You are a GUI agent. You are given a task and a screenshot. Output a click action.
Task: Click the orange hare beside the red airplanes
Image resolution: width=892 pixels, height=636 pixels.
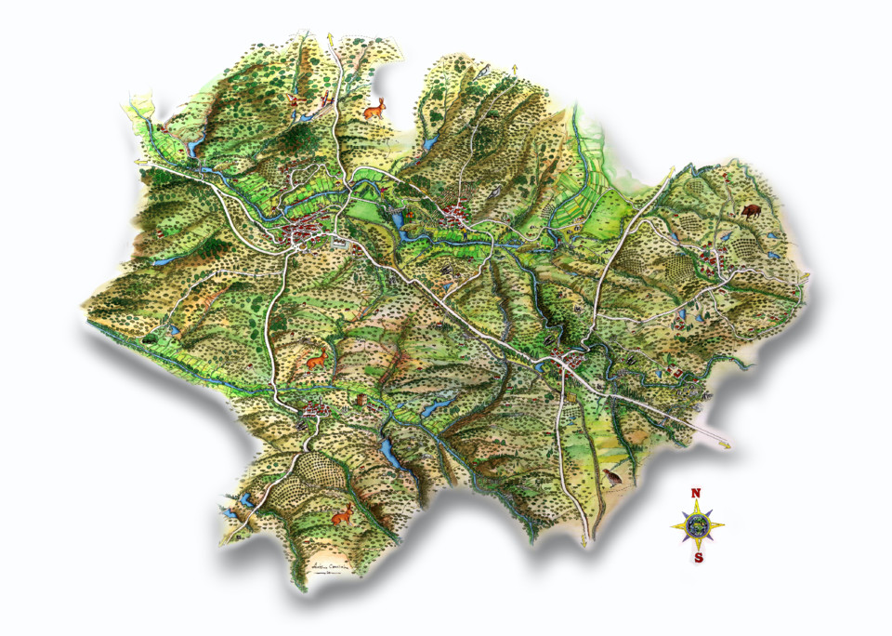pos(374,109)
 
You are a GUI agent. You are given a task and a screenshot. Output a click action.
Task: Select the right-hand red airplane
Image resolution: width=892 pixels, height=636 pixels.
pos(325,99)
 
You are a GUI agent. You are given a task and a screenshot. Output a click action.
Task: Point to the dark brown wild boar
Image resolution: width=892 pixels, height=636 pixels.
pos(749,210)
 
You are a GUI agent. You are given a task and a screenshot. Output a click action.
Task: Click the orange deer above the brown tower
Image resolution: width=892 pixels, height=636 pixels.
pos(317,356)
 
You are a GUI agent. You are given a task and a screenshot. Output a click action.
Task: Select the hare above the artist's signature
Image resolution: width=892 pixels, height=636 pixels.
pos(343,512)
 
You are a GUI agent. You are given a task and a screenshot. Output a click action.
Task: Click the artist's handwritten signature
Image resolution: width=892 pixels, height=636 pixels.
pos(332,569)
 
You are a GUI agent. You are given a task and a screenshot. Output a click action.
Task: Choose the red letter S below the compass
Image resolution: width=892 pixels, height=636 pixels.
pos(697,558)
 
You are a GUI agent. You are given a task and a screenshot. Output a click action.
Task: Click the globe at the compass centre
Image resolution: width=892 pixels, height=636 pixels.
pos(697,525)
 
